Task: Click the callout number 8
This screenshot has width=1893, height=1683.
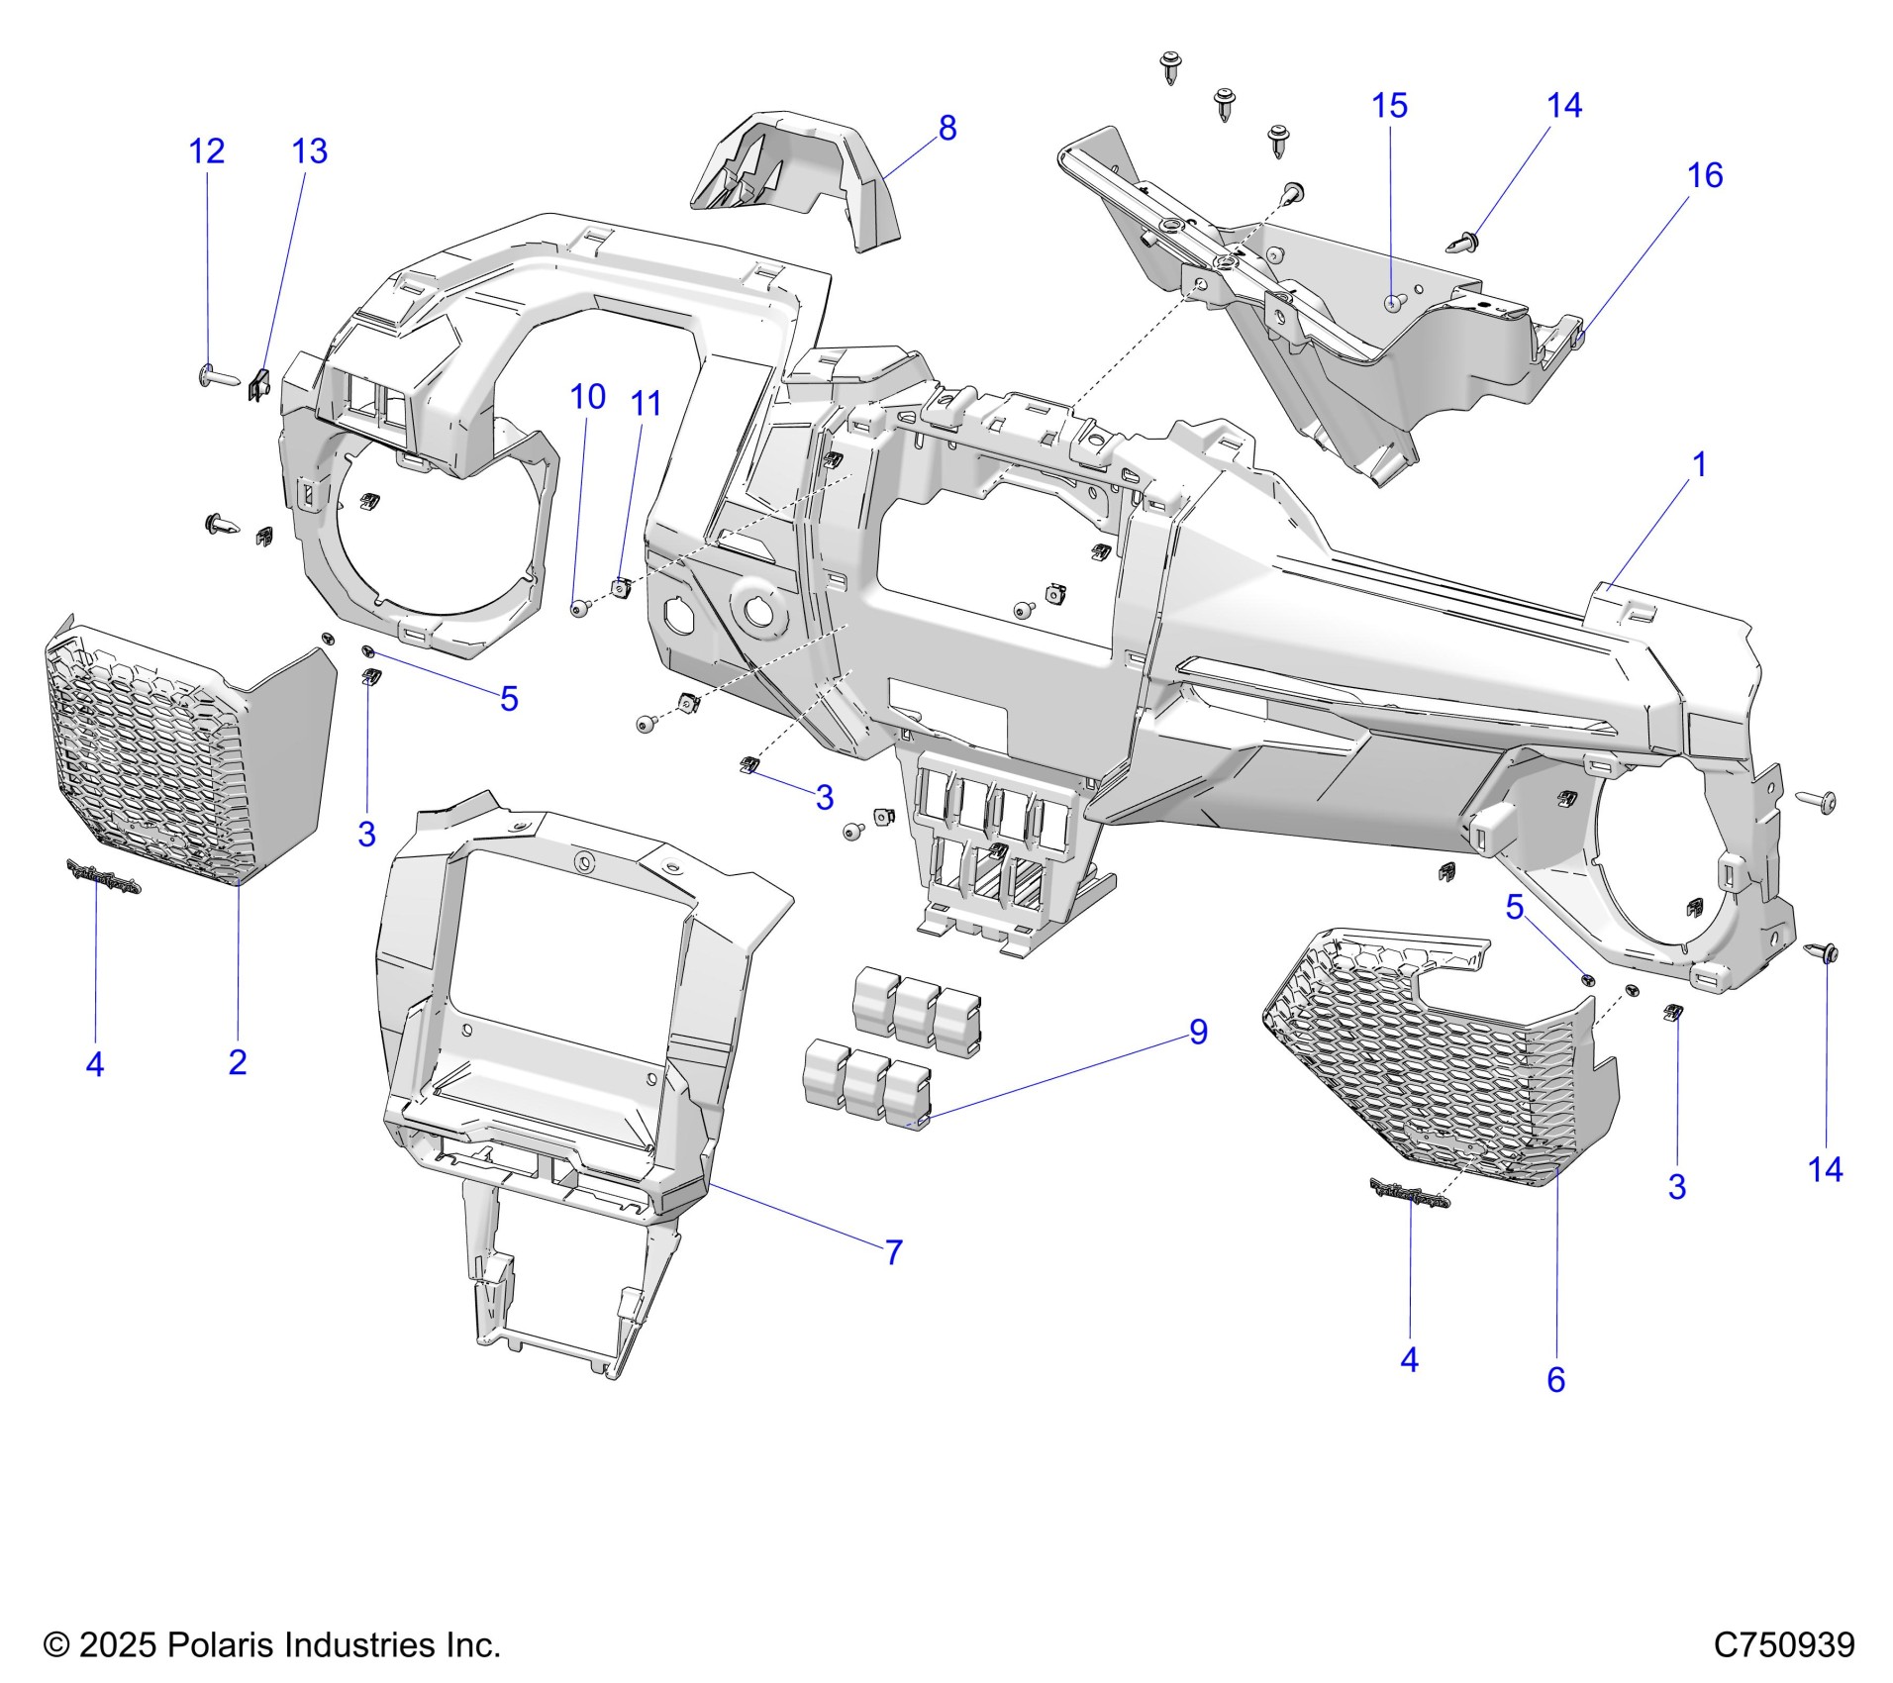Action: [x=947, y=129]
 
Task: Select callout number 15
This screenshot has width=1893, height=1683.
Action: [x=1389, y=106]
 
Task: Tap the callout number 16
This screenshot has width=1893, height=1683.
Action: [x=1704, y=175]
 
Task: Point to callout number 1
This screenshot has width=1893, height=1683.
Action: [x=1700, y=463]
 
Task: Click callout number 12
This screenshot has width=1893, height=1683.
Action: [x=207, y=151]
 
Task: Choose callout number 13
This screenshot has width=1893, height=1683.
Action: [x=309, y=151]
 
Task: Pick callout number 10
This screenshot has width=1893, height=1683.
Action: [x=587, y=397]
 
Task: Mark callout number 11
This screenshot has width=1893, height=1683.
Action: [x=646, y=403]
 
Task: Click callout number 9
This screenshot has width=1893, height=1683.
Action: [x=1198, y=1032]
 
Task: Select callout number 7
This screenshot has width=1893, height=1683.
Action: [x=894, y=1252]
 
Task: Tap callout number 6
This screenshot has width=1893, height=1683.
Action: [x=1555, y=1379]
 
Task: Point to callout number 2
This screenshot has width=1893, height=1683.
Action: [x=237, y=1062]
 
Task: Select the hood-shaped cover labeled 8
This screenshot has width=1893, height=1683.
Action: [x=802, y=178]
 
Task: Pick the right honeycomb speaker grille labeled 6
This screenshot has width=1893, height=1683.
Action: [x=1436, y=1059]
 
